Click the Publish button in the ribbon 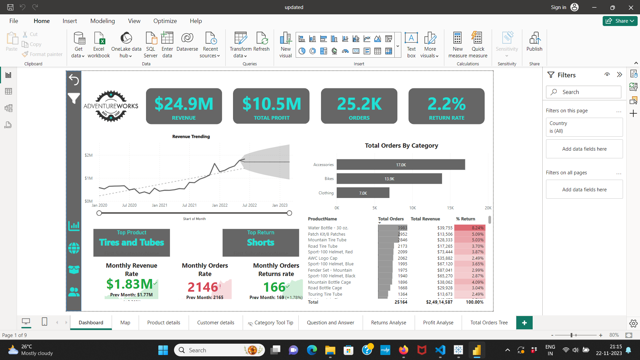tap(534, 42)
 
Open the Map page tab tap(125, 323)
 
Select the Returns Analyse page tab tap(388, 323)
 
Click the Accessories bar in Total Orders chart tap(400, 165)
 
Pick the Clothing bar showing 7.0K tap(363, 193)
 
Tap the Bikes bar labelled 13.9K tap(389, 179)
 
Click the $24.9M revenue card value tap(184, 104)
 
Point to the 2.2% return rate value tap(446, 104)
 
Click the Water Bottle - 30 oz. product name tap(328, 228)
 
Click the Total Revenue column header tap(425, 219)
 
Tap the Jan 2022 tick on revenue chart tap(220, 205)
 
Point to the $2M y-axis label tap(88, 155)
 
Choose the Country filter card tap(584, 127)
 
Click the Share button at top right tap(620, 21)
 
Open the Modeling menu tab tap(102, 21)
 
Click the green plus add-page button tap(524, 323)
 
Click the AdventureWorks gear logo tap(111, 106)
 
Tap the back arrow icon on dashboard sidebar tap(74, 80)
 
